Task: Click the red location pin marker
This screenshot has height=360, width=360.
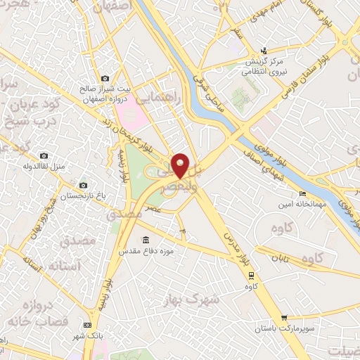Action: [181, 165]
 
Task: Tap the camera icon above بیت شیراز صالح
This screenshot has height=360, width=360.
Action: [105, 78]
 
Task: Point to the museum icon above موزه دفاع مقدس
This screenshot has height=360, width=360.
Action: [146, 240]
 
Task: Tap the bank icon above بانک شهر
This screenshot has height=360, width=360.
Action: [87, 325]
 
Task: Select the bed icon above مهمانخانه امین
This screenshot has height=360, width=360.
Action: [302, 193]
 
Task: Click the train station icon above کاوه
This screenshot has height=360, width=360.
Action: [248, 275]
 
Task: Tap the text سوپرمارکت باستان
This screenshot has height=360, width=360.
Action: [284, 329]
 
